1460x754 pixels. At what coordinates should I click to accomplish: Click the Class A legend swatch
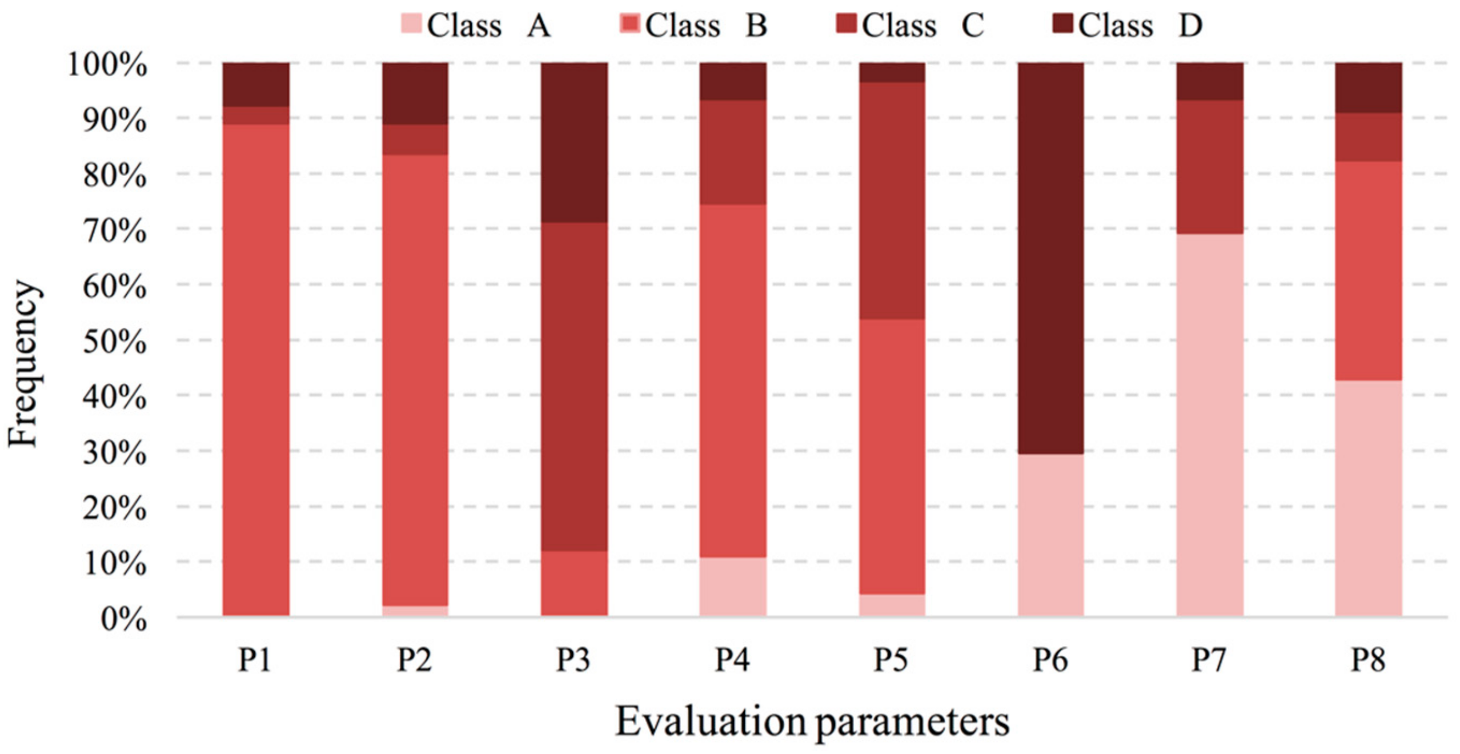coord(411,24)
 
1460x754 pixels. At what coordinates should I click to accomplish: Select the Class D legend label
coord(1140,25)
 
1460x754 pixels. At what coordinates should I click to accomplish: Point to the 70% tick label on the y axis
coord(114,231)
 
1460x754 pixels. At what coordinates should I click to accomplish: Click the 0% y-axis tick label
coord(123,619)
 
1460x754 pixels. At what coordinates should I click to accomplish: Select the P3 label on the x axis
coord(573,660)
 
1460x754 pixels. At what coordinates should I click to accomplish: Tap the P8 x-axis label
coord(1367,660)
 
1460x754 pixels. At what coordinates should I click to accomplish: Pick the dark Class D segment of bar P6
coord(1050,257)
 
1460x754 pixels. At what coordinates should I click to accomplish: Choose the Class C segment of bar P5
coord(892,200)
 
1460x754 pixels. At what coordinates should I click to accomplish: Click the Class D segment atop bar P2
coord(415,93)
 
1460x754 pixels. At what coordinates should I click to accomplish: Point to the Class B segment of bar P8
coord(1368,270)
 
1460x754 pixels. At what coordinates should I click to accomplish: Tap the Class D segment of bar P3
coord(573,142)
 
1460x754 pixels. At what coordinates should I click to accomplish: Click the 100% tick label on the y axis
coord(107,65)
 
